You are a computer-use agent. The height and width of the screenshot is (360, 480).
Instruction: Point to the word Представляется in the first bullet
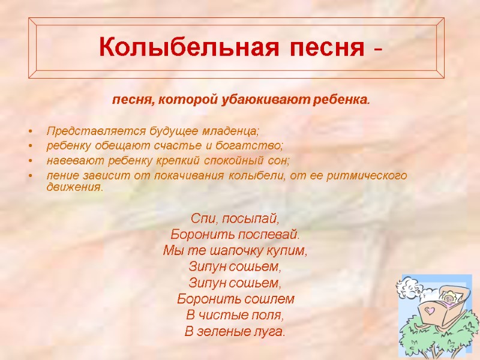[x=86, y=131]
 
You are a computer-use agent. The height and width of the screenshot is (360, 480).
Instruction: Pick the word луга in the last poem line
[x=271, y=331]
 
